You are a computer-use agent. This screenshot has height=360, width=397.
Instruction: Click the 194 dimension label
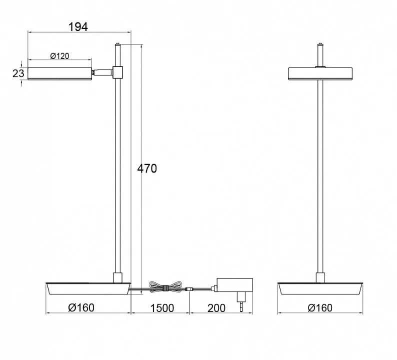[x=78, y=27]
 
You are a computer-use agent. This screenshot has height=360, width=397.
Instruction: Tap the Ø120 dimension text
[x=59, y=56]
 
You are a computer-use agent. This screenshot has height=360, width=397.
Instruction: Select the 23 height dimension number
[x=18, y=73]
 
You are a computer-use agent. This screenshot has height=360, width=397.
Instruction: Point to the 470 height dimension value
[x=147, y=168]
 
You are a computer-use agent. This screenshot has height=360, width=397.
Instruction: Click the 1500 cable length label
[x=162, y=308]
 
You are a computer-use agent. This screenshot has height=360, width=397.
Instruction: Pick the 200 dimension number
[x=216, y=308]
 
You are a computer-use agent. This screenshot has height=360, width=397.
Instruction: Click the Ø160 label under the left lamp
[x=81, y=307]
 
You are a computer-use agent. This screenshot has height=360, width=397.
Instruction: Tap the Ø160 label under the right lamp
[x=320, y=307]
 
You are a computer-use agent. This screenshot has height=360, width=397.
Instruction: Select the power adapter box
[x=234, y=285]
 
